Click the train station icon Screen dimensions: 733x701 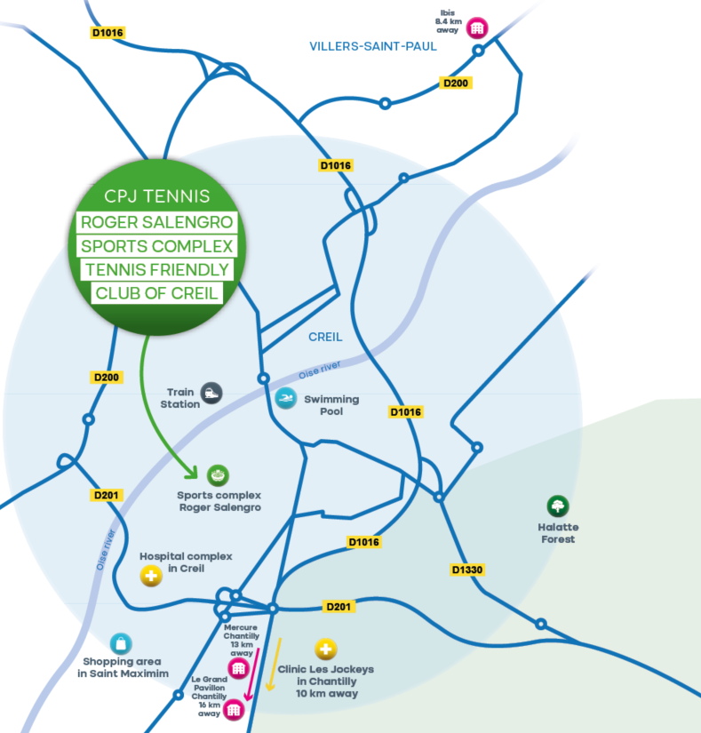(211, 393)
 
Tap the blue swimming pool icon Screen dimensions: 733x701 (285, 399)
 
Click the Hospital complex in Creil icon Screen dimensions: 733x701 (152, 577)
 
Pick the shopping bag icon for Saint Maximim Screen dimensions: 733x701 (121, 644)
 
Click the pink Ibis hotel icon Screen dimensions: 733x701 (477, 28)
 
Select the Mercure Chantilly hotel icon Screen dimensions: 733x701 (238, 668)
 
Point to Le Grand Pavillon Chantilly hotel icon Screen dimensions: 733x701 (234, 708)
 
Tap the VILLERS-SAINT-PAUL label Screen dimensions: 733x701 (373, 46)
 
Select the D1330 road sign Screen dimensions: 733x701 (467, 570)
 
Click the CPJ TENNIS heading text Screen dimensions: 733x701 (156, 196)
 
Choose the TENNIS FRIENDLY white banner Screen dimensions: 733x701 (156, 270)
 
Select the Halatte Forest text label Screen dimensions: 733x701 (558, 533)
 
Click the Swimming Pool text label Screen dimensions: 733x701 (331, 405)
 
